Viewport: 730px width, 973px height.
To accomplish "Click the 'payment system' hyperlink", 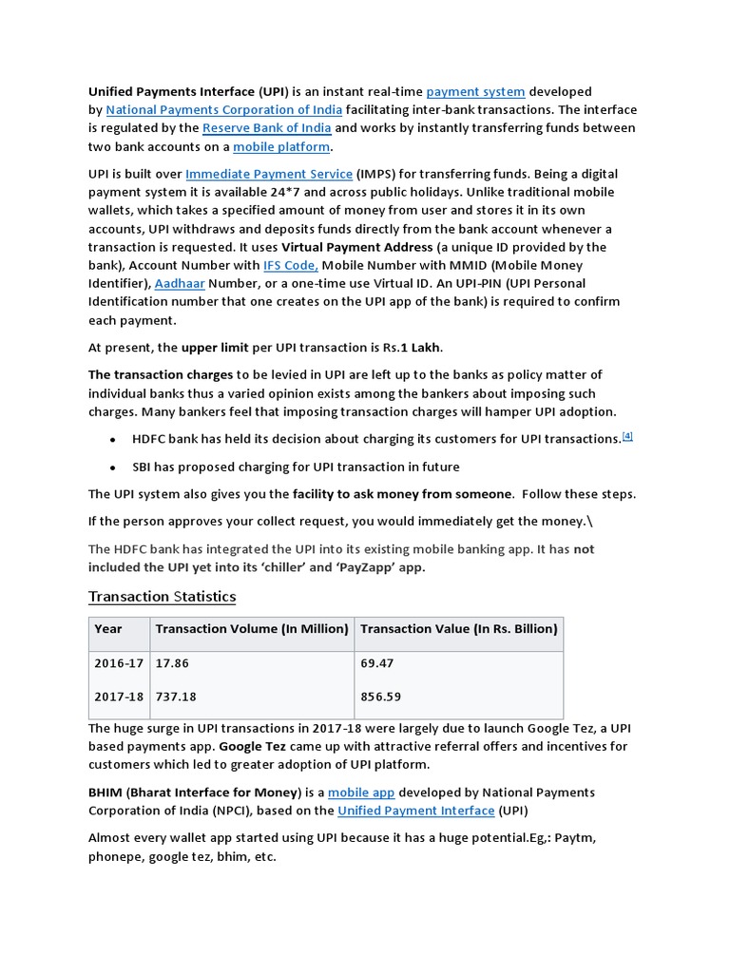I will click(x=475, y=92).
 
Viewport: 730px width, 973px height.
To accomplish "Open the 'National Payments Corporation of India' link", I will click(x=223, y=110).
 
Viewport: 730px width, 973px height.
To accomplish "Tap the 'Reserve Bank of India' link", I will click(x=266, y=128).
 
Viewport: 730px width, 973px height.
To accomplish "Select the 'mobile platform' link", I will click(x=282, y=147).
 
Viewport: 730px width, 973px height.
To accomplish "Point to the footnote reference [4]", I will click(x=626, y=436).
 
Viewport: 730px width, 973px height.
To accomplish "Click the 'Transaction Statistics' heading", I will click(x=162, y=597).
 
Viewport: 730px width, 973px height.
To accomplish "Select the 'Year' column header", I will click(x=108, y=629).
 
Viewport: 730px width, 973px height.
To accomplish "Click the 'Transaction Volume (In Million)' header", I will click(x=252, y=629).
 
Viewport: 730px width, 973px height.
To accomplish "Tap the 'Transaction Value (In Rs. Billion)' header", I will click(x=459, y=629).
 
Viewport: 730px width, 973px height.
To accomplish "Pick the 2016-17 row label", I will click(x=119, y=662).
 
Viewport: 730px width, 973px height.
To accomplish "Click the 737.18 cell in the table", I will click(x=176, y=696).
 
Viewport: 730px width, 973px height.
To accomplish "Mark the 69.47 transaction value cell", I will click(x=377, y=662).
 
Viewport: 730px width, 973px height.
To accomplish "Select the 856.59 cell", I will click(x=381, y=696).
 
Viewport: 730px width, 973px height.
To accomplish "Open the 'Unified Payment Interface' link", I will click(x=416, y=811).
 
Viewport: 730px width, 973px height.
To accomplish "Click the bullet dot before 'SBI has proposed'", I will click(x=112, y=468).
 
